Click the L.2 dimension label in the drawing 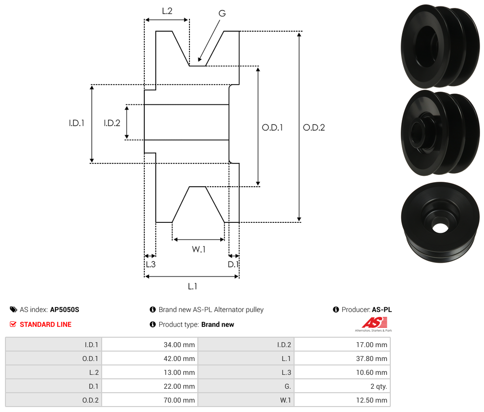[167, 10]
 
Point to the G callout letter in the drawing [222, 13]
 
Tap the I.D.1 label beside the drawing [76, 123]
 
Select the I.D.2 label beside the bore [112, 123]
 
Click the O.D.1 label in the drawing [272, 127]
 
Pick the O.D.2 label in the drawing [314, 127]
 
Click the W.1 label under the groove [199, 249]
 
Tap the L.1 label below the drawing [192, 286]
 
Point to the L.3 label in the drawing [150, 264]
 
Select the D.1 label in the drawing [233, 264]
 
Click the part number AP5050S [64, 309]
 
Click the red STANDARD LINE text [46, 324]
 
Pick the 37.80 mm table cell [342, 359]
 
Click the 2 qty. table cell [342, 386]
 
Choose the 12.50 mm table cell [342, 400]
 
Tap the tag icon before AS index [13, 309]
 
